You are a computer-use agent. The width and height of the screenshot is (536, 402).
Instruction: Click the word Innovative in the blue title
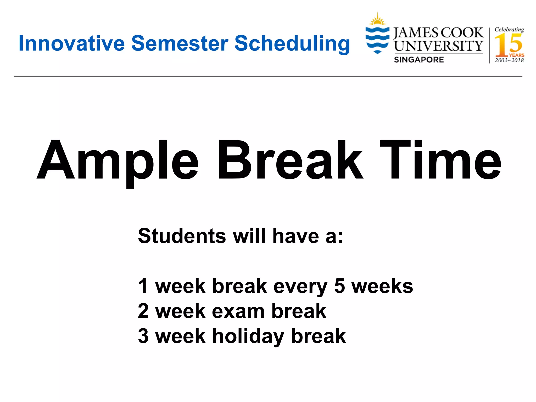[x=71, y=43]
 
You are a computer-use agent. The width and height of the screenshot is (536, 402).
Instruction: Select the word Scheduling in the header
[x=292, y=44]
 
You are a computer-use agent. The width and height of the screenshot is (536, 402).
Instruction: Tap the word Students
[x=182, y=236]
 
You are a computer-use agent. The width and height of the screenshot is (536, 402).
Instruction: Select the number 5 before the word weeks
[x=339, y=286]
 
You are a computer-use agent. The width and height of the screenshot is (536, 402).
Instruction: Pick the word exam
[x=238, y=311]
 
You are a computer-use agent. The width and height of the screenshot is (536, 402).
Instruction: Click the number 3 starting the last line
[x=143, y=336]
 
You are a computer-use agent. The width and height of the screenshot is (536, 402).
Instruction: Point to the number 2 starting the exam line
[x=143, y=311]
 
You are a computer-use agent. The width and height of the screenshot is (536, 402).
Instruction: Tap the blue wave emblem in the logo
[x=377, y=39]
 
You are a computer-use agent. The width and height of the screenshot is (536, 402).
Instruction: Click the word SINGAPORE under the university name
[x=419, y=60]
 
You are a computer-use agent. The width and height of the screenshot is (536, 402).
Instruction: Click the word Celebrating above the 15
[x=509, y=29]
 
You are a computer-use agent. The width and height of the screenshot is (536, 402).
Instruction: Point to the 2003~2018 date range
[x=509, y=60]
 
